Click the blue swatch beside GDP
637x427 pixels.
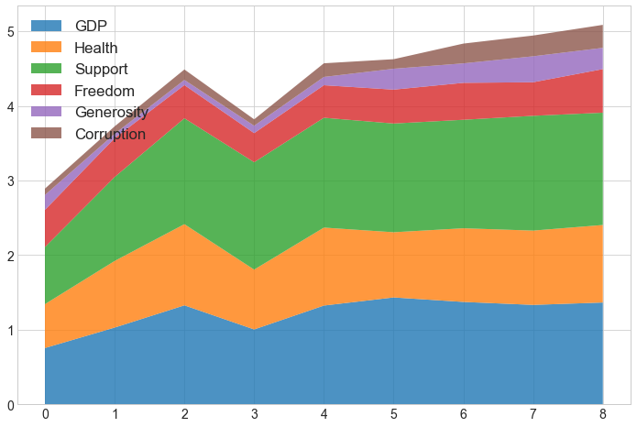[47, 26]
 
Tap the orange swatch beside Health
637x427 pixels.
[47, 48]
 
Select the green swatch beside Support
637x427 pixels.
[47, 70]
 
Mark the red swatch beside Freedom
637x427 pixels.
[47, 91]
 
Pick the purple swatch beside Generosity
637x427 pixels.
[47, 113]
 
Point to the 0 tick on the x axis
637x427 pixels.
[45, 416]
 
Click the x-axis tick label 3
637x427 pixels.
[255, 416]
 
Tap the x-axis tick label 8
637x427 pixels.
[603, 416]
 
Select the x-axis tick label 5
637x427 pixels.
[394, 416]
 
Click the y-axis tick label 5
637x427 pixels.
[11, 32]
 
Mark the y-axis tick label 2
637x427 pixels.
[11, 256]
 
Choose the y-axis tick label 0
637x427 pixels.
[11, 405]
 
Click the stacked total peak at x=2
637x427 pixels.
[184, 70]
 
